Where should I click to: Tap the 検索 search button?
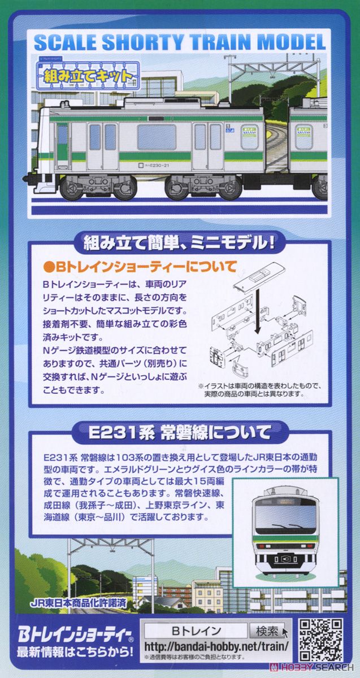pos(267,631)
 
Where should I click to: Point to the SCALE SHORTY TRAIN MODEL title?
pos(180,43)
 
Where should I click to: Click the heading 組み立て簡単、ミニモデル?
pos(179,244)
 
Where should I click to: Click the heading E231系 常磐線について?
pos(180,433)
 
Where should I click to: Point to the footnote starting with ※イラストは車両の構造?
pos(259,390)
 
